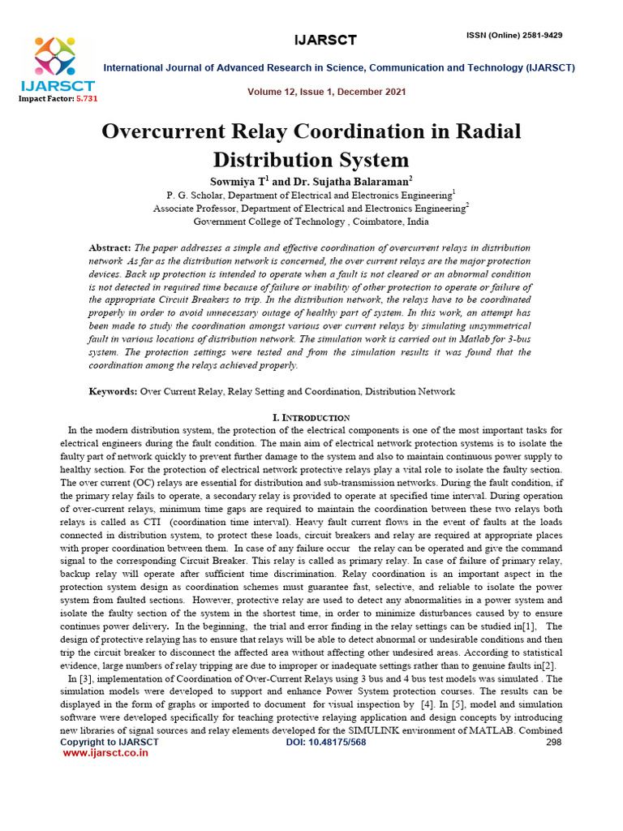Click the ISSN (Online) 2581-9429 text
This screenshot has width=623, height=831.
pyautogui.click(x=514, y=36)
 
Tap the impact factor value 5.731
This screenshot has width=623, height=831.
pyautogui.click(x=86, y=98)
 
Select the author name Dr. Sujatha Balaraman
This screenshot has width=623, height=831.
pyautogui.click(x=347, y=181)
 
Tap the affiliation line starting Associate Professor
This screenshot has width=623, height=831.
pyautogui.click(x=311, y=209)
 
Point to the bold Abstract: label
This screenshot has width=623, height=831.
pyautogui.click(x=110, y=248)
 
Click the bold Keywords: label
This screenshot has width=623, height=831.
pyautogui.click(x=113, y=392)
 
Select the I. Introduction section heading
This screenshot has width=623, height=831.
pyautogui.click(x=311, y=417)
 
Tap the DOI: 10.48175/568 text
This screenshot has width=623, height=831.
pyautogui.click(x=325, y=742)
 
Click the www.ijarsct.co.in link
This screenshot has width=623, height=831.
pyautogui.click(x=105, y=753)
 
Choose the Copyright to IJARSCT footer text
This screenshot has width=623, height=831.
pyautogui.click(x=110, y=742)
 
